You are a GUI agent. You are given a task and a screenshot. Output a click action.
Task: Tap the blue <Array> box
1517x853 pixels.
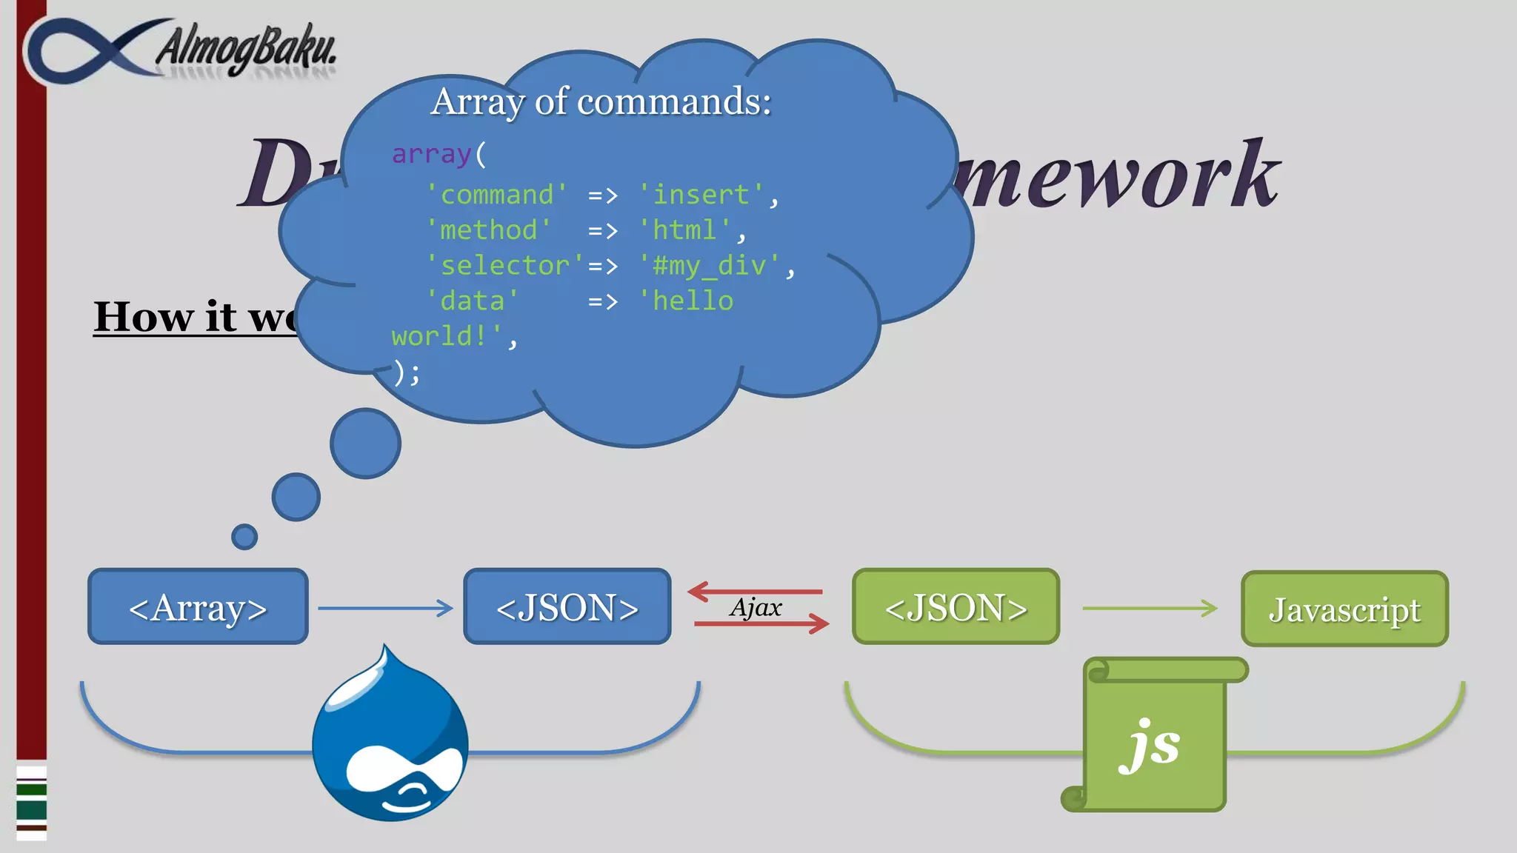coord(198,606)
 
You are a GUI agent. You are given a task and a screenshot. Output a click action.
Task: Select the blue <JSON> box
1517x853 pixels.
coord(567,606)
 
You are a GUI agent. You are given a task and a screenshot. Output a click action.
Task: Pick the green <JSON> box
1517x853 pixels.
coord(956,606)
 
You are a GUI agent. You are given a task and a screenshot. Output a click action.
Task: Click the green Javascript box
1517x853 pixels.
coord(1344,609)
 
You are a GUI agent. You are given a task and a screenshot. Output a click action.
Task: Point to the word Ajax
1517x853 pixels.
coord(756,608)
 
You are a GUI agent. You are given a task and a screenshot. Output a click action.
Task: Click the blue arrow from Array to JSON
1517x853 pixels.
coord(385,608)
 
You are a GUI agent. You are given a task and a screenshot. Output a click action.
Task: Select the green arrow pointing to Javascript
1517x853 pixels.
coord(1150,608)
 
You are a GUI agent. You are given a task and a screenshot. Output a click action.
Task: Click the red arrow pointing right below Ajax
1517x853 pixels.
coord(761,623)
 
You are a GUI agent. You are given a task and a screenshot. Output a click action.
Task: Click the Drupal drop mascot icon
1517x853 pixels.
coord(390,737)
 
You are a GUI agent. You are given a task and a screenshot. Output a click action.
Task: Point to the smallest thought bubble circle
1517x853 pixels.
coord(244,537)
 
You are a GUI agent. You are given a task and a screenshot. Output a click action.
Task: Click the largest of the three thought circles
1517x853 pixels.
coord(365,444)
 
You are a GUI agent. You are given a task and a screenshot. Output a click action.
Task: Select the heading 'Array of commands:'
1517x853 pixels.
coord(601,101)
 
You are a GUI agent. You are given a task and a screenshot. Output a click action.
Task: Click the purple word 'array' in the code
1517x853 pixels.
coord(431,154)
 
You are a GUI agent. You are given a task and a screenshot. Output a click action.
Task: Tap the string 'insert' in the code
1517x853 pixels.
coord(701,195)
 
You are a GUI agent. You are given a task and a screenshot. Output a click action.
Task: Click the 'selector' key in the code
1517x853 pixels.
coord(505,265)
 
